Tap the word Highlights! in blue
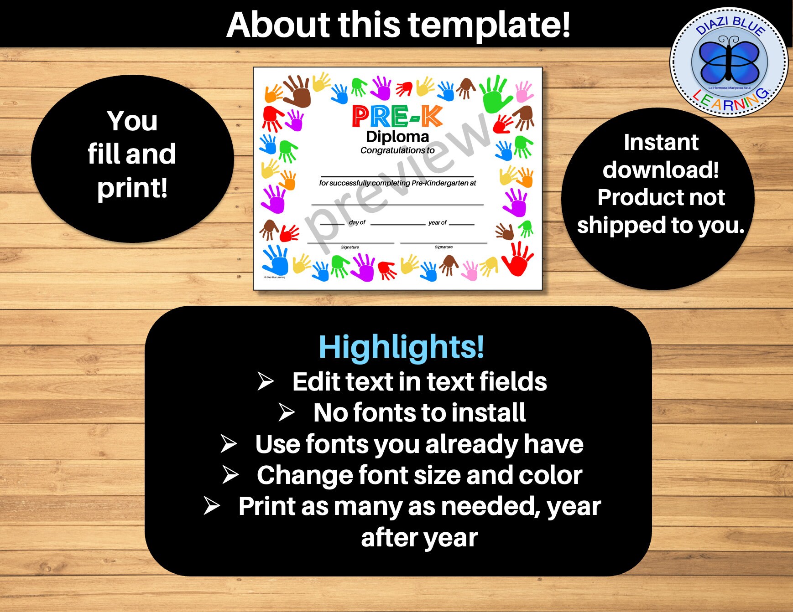click(x=401, y=347)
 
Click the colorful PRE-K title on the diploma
click(x=397, y=116)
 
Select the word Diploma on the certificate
click(x=397, y=136)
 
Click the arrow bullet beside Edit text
click(x=265, y=381)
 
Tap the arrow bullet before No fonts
click(x=287, y=412)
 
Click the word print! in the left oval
click(x=132, y=188)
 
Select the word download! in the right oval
click(x=661, y=170)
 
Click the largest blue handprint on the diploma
click(x=276, y=260)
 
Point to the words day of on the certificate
click(x=357, y=222)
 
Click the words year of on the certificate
click(x=437, y=222)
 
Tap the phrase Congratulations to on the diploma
click(x=397, y=150)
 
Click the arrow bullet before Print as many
click(x=212, y=506)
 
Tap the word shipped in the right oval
click(x=621, y=225)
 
